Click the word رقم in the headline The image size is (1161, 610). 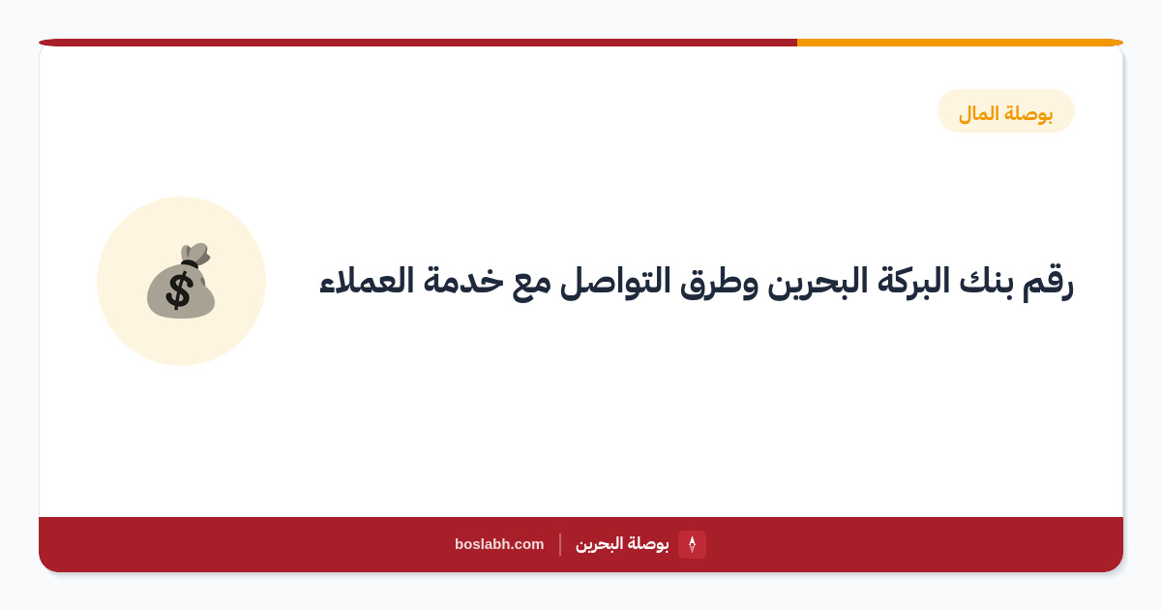tap(1047, 283)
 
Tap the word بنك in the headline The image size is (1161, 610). tap(985, 281)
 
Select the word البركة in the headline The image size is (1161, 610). tap(912, 281)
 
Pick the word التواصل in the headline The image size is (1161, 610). tap(615, 283)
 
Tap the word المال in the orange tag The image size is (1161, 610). tap(978, 113)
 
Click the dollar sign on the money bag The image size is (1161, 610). tap(179, 290)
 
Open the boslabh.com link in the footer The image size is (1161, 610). tap(499, 544)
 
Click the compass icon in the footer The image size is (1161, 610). tap(692, 544)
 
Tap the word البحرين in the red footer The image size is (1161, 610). tap(599, 544)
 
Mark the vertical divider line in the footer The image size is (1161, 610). tap(560, 544)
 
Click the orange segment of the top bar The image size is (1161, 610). tap(960, 43)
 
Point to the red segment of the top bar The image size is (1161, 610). tap(418, 43)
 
